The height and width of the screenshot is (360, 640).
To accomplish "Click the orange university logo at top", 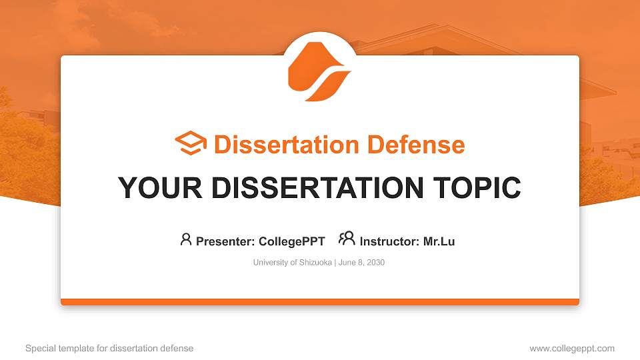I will [x=319, y=71].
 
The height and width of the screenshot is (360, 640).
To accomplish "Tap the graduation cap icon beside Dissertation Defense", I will [x=191, y=144].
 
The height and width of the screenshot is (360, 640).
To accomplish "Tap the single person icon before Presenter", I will [x=186, y=239].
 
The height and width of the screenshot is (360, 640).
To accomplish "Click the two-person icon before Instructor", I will [x=347, y=239].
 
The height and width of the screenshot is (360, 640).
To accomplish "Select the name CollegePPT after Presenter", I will [x=291, y=241].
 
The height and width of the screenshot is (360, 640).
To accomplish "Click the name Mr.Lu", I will [x=439, y=241].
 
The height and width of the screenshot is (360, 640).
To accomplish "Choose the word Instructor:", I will [x=389, y=241].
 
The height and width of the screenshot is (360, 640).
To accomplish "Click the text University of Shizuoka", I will [x=292, y=263].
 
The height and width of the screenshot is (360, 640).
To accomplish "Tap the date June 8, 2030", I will [x=362, y=263].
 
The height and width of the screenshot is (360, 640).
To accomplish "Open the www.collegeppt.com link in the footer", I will [x=572, y=348].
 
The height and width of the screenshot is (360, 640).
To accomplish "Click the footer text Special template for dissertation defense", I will [x=109, y=348].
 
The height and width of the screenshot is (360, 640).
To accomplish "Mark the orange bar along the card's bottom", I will [x=319, y=302].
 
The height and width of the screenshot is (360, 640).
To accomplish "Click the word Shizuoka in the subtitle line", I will [x=314, y=263].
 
